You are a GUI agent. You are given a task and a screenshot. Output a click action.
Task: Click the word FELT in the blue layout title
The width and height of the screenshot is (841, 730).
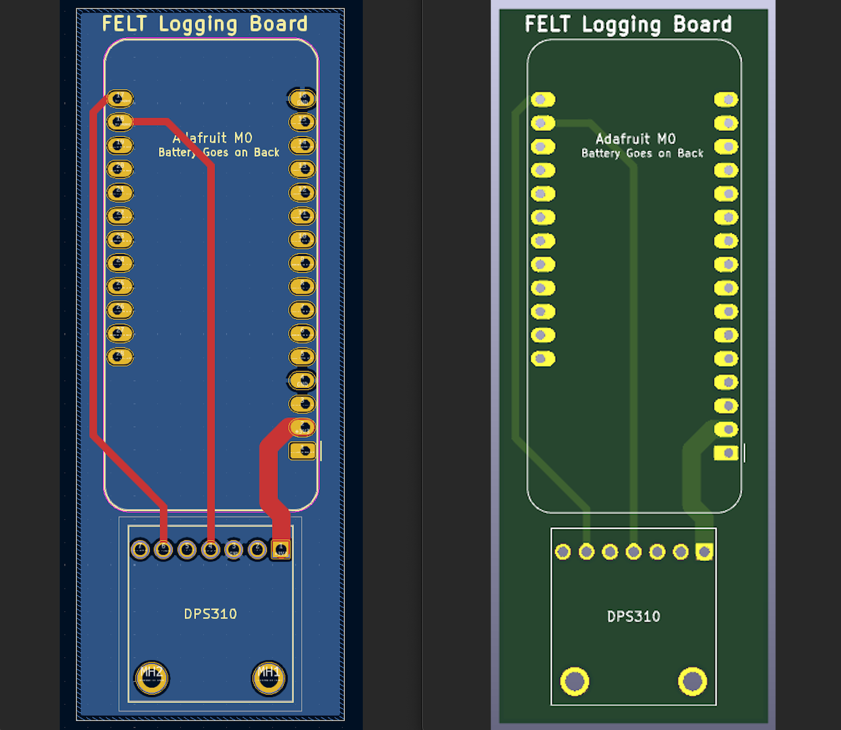124,24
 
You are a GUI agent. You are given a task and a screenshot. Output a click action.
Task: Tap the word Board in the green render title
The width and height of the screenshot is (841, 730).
702,25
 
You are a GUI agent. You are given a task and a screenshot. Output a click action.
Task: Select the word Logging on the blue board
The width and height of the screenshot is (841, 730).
198,25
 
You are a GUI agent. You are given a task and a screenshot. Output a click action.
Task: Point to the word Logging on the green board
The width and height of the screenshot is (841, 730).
622,25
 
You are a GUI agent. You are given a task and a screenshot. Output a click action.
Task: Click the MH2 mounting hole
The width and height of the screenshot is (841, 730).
151,678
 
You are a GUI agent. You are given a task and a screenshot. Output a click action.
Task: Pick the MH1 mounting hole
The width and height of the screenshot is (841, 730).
269,678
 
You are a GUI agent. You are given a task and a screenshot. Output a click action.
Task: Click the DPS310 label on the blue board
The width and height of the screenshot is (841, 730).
210,614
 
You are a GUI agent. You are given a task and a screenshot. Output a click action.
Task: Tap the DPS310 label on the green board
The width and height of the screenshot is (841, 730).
634,616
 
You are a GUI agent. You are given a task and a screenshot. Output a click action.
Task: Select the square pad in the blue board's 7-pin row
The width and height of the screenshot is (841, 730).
281,549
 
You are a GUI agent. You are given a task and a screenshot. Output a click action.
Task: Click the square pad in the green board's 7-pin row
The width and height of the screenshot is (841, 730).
704,551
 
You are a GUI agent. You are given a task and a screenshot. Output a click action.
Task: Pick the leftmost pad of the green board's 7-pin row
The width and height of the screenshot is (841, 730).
562,551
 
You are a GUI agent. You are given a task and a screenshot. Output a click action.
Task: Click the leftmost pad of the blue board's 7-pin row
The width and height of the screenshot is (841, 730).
140,549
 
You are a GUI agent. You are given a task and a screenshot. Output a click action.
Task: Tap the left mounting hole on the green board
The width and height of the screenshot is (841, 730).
574,680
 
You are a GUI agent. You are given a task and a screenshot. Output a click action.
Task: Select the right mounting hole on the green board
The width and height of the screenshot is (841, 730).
692,680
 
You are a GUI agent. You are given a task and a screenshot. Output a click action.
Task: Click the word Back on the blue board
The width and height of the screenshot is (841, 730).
267,152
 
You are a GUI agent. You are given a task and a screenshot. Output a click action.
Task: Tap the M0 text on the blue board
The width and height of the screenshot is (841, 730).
243,138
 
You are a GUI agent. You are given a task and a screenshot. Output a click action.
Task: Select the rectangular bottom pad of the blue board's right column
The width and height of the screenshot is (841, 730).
302,451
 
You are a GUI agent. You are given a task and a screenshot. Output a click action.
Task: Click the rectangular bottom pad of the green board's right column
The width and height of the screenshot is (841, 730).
726,453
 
